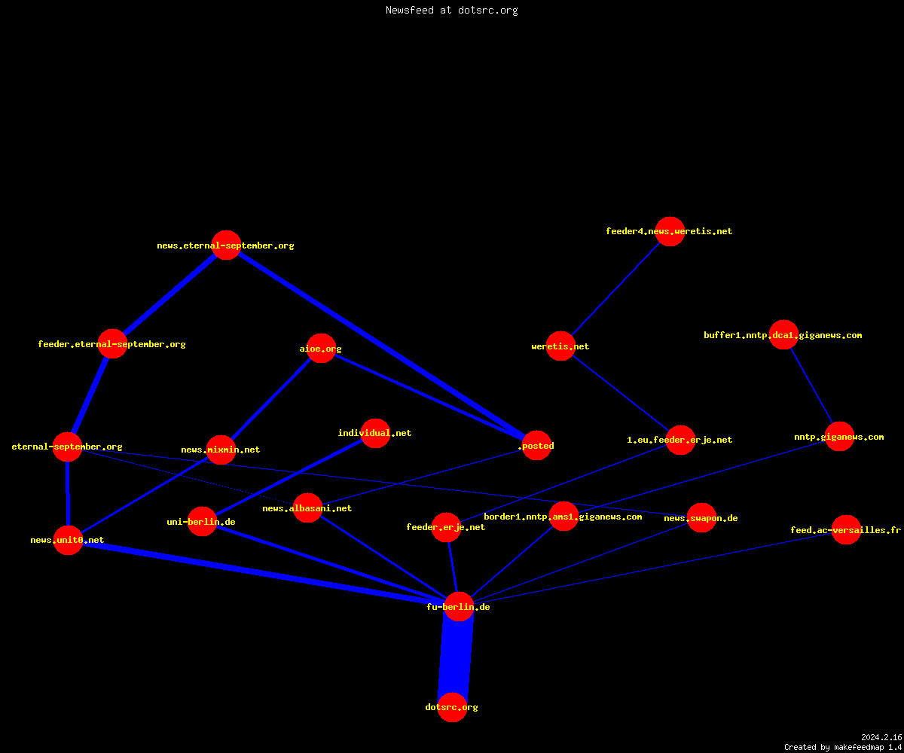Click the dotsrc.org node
452,707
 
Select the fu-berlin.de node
459,607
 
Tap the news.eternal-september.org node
226,245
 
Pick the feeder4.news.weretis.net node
670,231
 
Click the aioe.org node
321,349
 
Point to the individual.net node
375,433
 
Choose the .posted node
536,445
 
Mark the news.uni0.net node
68,540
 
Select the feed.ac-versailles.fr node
846,529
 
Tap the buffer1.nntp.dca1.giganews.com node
783,334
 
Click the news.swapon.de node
701,517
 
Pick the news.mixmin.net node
221,450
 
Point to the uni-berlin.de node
202,522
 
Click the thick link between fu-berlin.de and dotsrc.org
456,657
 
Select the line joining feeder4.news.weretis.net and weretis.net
615,288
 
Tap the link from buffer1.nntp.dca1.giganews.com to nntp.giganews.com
811,386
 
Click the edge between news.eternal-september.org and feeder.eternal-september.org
169,294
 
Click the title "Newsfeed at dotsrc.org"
451,10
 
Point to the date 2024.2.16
881,737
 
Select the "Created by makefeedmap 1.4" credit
843,747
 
